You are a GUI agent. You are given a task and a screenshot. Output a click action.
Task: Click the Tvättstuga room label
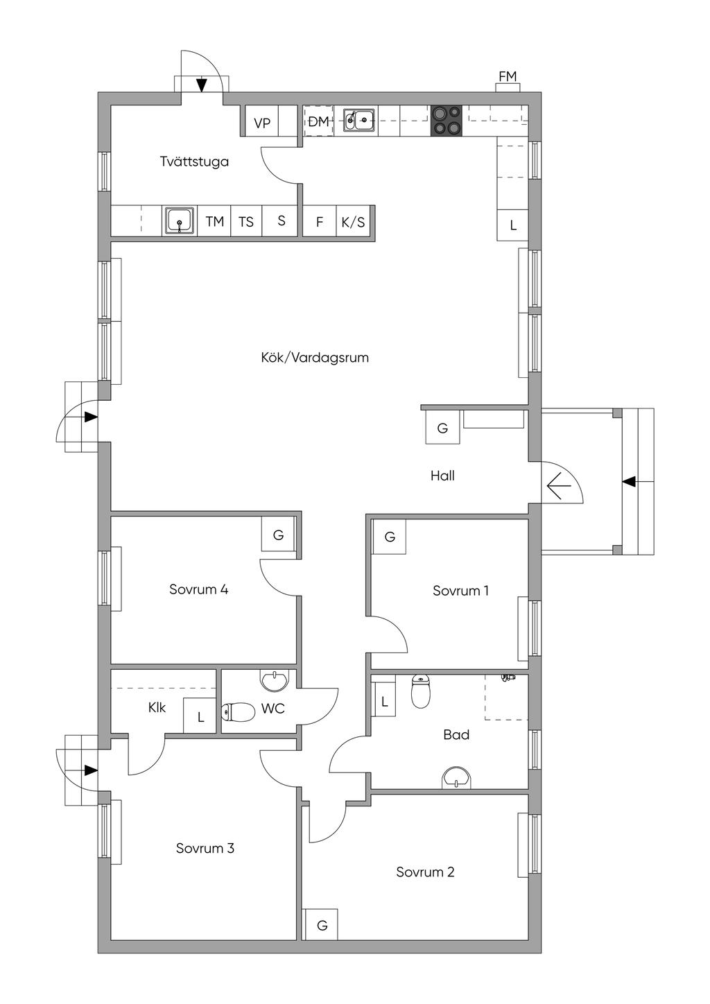[195, 162]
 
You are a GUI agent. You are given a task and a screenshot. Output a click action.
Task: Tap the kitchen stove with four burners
[447, 121]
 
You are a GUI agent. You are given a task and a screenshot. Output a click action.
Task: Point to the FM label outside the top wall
[508, 77]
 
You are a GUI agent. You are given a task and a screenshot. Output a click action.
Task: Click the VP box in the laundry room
[262, 123]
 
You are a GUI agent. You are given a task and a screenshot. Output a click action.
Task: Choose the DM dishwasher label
[319, 121]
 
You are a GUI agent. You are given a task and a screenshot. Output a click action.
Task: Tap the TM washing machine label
[215, 221]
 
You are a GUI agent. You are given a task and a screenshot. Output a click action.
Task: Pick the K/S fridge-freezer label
[353, 222]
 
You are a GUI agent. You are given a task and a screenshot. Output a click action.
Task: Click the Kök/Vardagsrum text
[315, 358]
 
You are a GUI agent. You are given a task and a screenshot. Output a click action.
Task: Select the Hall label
[442, 476]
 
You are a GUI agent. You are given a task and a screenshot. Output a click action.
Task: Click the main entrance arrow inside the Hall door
[559, 486]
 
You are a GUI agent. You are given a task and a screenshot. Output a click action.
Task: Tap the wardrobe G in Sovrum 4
[278, 535]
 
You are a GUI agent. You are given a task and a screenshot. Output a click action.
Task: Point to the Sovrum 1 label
[460, 591]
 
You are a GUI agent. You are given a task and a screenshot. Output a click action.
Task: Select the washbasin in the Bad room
[457, 778]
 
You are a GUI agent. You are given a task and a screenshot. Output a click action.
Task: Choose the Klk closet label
[157, 707]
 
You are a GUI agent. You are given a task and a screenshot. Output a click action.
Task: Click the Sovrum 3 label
[205, 848]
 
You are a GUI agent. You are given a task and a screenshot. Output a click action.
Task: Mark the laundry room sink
[180, 220]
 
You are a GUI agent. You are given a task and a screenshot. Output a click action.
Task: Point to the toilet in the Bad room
[420, 691]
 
